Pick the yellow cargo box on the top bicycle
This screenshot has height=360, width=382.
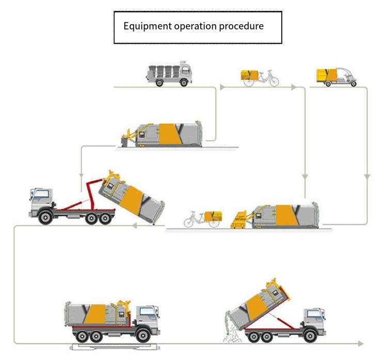249,75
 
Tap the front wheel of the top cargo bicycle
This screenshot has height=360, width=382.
274,81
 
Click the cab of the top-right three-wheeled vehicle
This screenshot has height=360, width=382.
347,75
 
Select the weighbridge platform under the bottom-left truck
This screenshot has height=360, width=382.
115,347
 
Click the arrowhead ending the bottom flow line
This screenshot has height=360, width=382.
360,343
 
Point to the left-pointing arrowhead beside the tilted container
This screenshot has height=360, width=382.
135,226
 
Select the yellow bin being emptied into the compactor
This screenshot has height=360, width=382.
238,220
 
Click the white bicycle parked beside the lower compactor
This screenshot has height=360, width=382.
202,219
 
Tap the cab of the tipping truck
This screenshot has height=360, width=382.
314,320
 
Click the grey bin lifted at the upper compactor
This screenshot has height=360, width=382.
125,142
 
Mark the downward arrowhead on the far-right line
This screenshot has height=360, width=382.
367,177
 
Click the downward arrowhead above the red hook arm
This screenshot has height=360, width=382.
82,176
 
